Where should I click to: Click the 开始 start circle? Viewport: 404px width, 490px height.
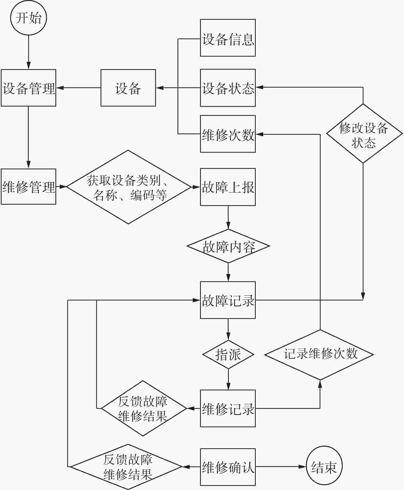pyautogui.click(x=28, y=18)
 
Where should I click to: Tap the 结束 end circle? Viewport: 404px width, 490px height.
pyautogui.click(x=324, y=467)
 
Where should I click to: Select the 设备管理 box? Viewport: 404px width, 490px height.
pyautogui.click(x=28, y=88)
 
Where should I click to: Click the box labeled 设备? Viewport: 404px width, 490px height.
pyautogui.click(x=128, y=88)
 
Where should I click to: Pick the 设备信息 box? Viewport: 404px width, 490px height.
pyautogui.click(x=228, y=38)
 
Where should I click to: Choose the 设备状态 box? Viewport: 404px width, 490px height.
pyautogui.click(x=228, y=88)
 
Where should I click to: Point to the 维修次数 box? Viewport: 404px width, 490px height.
pyautogui.click(x=228, y=134)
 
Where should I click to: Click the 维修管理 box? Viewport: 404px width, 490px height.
pyautogui.click(x=28, y=186)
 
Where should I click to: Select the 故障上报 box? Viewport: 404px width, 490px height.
pyautogui.click(x=228, y=187)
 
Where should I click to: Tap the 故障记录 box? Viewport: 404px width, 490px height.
pyautogui.click(x=228, y=300)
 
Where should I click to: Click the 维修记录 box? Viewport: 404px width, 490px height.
pyautogui.click(x=228, y=408)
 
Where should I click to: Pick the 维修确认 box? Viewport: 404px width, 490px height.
pyautogui.click(x=228, y=467)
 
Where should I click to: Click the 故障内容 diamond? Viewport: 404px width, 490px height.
pyautogui.click(x=228, y=246)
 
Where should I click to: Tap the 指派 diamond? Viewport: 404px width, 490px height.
pyautogui.click(x=228, y=355)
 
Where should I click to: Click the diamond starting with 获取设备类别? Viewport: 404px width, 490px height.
pyautogui.click(x=128, y=187)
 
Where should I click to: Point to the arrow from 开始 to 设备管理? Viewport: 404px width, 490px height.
pyautogui.click(x=28, y=52)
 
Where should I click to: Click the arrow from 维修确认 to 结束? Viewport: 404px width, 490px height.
pyautogui.click(x=281, y=467)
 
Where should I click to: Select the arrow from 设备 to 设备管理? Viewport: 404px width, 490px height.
pyautogui.click(x=78, y=88)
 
